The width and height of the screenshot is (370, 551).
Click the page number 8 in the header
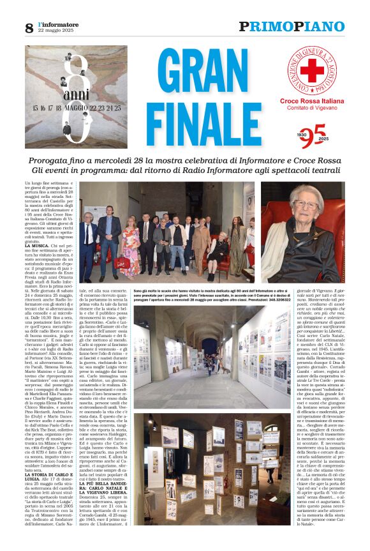pos(29,28)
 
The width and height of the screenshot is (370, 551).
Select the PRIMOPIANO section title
pos(292,27)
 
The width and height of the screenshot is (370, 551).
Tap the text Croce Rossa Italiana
pos(312,102)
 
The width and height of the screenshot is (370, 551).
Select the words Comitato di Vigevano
pos(312,109)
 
